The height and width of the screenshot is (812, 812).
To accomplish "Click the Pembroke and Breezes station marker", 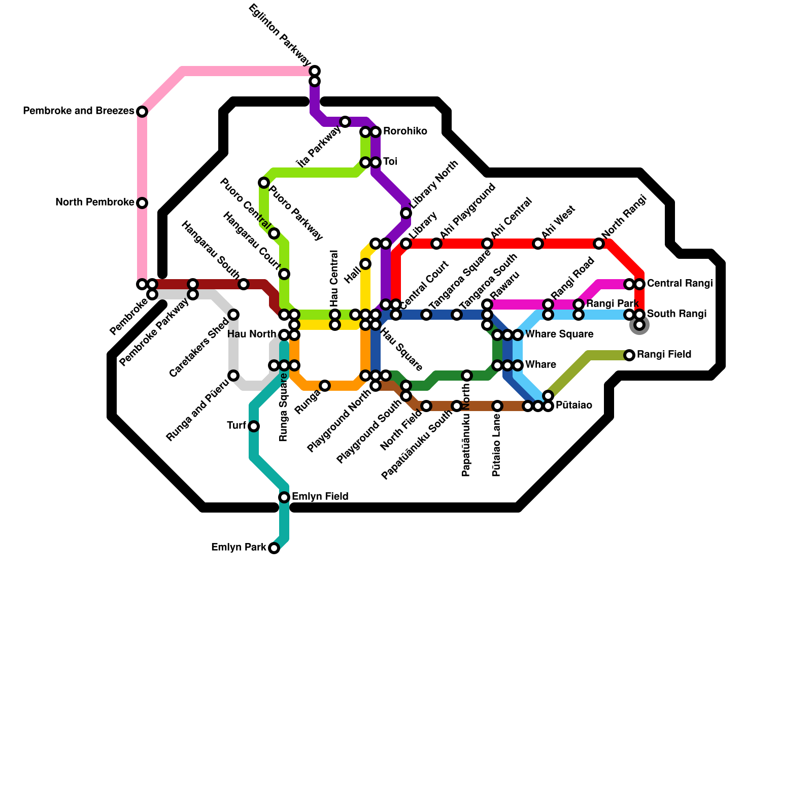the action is [x=142, y=112].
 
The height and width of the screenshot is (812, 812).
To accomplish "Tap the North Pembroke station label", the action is [x=94, y=202].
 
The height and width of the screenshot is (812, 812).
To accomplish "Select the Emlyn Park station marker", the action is [x=274, y=548].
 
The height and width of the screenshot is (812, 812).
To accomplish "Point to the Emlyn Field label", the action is [x=320, y=496].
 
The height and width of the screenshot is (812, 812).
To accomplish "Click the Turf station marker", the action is [x=254, y=426].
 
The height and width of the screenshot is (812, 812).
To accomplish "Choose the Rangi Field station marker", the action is [x=629, y=355].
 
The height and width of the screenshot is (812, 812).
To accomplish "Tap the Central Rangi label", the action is [x=680, y=283].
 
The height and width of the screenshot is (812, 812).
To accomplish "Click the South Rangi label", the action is [x=676, y=314].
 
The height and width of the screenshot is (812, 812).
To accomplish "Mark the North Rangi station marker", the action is [x=599, y=244].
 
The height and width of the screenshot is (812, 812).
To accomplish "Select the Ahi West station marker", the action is [x=538, y=244].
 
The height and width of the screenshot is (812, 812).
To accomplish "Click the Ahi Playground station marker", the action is [x=436, y=244].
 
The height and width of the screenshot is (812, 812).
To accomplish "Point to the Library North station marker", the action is [x=406, y=213].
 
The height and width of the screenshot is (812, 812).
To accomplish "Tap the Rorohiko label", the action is [x=404, y=131].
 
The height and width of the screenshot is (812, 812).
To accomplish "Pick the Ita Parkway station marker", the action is [x=345, y=122].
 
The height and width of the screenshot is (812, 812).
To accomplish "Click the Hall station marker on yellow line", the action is [x=365, y=264].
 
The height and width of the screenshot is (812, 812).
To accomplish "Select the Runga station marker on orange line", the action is [x=325, y=386].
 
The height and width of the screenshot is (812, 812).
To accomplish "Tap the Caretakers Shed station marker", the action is [x=233, y=315].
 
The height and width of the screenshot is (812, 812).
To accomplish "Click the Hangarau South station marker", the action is [x=244, y=284].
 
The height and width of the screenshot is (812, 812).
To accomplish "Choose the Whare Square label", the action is [x=559, y=334].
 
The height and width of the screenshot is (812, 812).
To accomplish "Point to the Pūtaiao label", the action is [x=573, y=405].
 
